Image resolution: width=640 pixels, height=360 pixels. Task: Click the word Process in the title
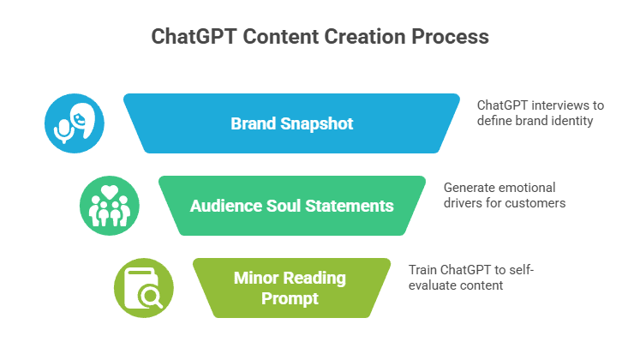[450, 36]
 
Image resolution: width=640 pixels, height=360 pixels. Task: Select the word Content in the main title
[281, 36]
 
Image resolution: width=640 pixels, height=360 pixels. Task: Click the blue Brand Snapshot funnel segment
[291, 123]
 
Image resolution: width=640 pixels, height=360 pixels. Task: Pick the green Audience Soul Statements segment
[292, 206]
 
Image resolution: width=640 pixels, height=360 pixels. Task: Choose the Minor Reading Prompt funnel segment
[291, 288]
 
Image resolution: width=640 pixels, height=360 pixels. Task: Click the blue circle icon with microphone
[75, 123]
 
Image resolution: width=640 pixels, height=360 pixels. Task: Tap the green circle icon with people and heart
[110, 206]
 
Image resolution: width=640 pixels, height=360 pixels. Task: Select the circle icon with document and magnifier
[144, 288]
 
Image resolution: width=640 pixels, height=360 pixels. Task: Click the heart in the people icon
[110, 192]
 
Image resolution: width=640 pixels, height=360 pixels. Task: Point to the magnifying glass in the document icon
[151, 297]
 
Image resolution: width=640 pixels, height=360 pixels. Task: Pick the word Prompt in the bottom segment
[290, 298]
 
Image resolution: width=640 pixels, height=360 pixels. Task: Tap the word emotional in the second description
[529, 188]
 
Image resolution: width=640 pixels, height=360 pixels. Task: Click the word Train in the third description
[422, 270]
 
